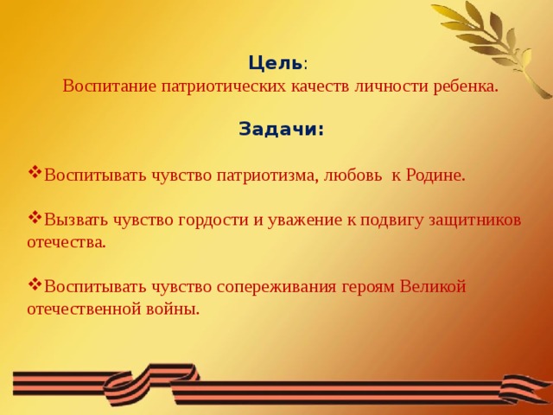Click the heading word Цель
coord(274,63)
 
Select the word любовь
coord(353,176)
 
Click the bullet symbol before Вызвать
coord(35,217)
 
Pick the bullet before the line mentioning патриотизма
coord(35,172)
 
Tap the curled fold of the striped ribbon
coord(161,380)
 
